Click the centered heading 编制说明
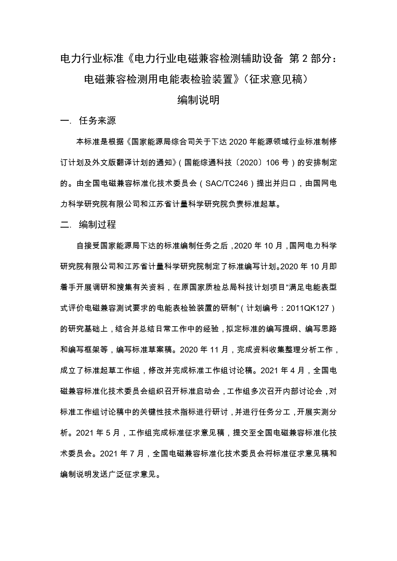coord(199,100)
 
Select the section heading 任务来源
coord(97,121)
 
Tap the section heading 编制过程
coord(97,225)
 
